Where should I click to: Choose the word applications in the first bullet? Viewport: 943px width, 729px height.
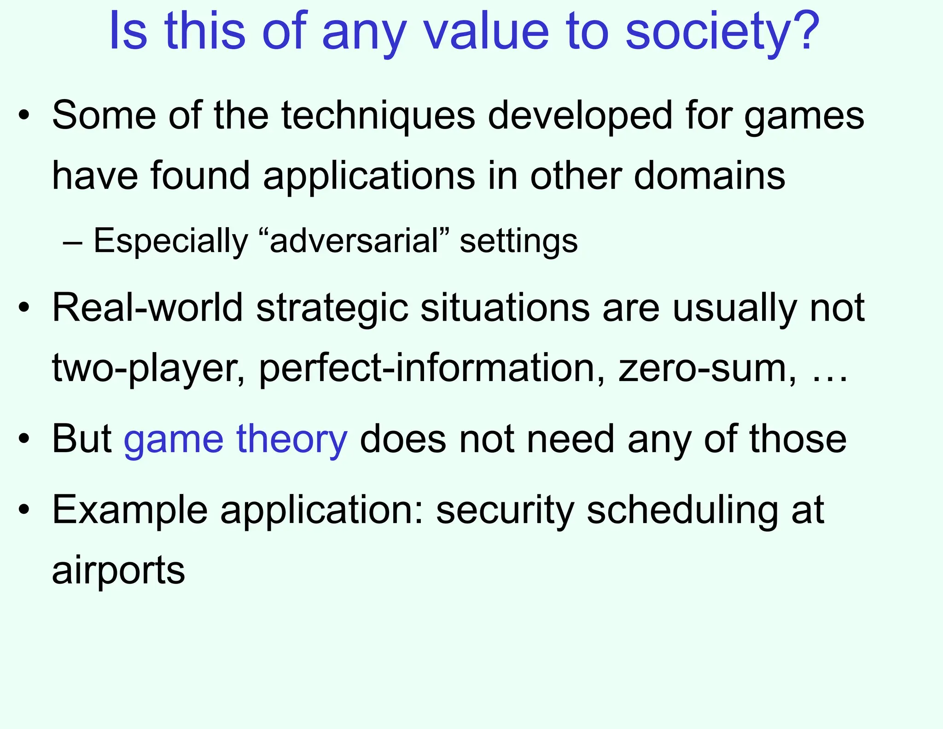[x=369, y=176]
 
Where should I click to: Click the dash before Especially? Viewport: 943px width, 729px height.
[x=73, y=242]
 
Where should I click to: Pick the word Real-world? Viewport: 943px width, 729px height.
[x=147, y=308]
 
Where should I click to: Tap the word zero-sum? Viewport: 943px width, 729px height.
[x=707, y=368]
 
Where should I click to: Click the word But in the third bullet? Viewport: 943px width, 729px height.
[x=81, y=439]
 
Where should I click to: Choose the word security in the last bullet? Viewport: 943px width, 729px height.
[x=505, y=511]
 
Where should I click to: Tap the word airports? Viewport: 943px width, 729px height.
[x=118, y=570]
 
